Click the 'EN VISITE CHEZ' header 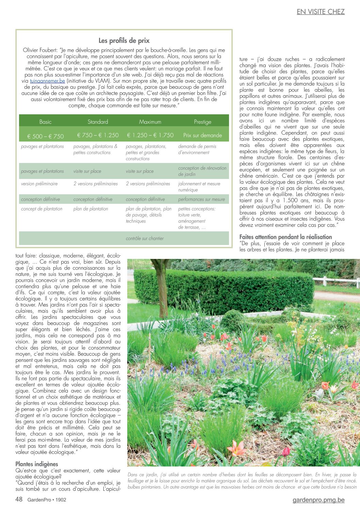point(321,12)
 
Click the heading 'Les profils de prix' point(124,41)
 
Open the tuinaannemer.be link point(47,81)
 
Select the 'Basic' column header point(45,122)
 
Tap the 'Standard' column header point(98,122)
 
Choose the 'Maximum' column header point(150,122)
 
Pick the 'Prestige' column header point(202,122)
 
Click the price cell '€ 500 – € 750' point(46,136)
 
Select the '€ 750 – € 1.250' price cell point(98,135)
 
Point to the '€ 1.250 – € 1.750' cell point(150,135)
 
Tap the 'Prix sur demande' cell point(202,135)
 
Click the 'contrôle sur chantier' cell point(145,239)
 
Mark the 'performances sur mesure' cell point(201,199)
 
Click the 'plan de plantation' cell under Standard point(91,209)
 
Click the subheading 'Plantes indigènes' point(37,464)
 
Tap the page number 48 point(19,499)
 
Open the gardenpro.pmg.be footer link point(318,500)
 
